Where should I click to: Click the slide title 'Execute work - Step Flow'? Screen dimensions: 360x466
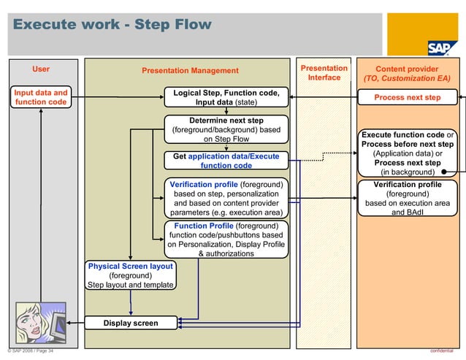[x=112, y=26]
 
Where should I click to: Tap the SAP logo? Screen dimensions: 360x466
[x=442, y=47]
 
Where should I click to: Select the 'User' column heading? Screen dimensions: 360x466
[x=41, y=69]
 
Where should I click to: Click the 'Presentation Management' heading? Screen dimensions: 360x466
[x=190, y=71]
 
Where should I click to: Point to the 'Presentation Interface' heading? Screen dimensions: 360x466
[x=324, y=72]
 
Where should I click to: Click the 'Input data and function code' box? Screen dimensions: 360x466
[x=41, y=97]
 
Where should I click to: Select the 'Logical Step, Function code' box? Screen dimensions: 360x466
[x=226, y=97]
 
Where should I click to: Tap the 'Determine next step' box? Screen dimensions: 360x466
[x=226, y=129]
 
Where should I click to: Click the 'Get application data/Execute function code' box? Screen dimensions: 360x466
[x=226, y=161]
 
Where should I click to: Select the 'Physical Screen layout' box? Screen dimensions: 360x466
[x=130, y=275]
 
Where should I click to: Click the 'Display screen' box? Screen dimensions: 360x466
[x=130, y=323]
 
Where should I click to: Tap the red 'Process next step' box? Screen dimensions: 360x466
[x=408, y=97]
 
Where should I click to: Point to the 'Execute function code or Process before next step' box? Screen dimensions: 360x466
[x=408, y=153]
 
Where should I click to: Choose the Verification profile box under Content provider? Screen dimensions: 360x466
[x=408, y=199]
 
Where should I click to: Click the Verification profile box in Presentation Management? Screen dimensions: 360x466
[x=226, y=199]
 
